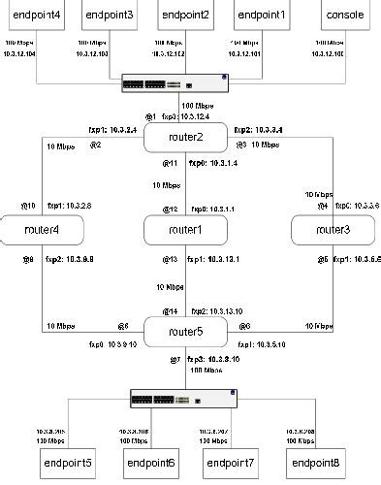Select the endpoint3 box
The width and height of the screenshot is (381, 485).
click(x=110, y=16)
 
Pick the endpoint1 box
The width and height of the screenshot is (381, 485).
click(x=262, y=16)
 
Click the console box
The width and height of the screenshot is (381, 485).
click(x=345, y=16)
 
